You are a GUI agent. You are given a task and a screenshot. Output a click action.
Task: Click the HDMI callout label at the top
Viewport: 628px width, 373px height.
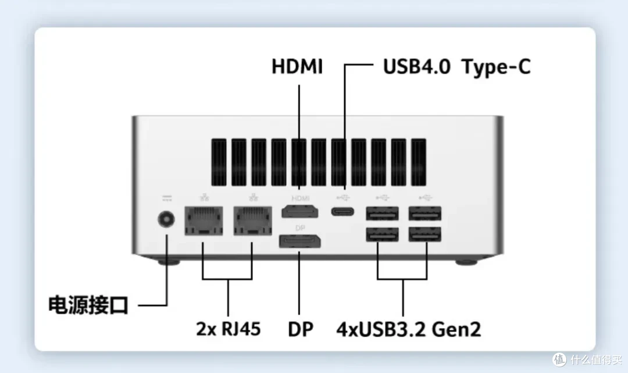point(297,66)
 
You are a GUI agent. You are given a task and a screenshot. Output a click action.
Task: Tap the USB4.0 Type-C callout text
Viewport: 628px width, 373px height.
point(457,67)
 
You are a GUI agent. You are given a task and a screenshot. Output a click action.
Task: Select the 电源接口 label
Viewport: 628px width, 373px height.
point(88,305)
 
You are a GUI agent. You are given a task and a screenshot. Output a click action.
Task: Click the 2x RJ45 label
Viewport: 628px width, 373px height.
point(229,329)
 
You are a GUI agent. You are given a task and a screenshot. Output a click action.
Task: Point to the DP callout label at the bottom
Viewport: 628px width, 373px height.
point(301,329)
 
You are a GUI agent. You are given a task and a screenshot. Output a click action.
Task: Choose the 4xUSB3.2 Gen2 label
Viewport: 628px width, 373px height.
point(409,329)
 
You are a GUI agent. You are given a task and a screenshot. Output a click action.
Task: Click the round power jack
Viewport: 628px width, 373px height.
point(166,219)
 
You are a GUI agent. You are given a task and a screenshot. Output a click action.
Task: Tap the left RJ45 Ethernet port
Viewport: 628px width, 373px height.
point(204,221)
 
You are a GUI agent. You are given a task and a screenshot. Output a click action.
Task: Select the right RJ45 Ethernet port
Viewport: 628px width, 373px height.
point(253,221)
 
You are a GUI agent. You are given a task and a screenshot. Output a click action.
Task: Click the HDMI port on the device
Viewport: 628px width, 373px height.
point(300,211)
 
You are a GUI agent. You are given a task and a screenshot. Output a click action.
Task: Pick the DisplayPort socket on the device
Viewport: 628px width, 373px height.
point(300,241)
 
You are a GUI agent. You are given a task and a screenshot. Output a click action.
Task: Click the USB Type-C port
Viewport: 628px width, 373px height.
point(342,211)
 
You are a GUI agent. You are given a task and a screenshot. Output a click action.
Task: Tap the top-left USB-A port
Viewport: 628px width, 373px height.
point(382,214)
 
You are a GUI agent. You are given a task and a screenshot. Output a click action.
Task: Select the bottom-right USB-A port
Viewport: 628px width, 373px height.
point(425,235)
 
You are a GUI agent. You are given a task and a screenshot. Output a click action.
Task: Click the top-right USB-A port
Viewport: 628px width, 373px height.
point(425,214)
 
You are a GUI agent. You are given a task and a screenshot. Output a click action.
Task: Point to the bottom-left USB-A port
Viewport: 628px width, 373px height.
point(382,235)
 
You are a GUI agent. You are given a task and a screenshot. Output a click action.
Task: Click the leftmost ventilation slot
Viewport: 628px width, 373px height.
point(219,162)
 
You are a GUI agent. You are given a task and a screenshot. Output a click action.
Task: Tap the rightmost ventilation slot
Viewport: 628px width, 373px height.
point(419,162)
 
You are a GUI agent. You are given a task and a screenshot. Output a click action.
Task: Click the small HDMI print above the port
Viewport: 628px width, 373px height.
point(301,198)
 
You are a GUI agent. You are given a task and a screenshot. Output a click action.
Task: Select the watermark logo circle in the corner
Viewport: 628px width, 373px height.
point(559,360)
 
